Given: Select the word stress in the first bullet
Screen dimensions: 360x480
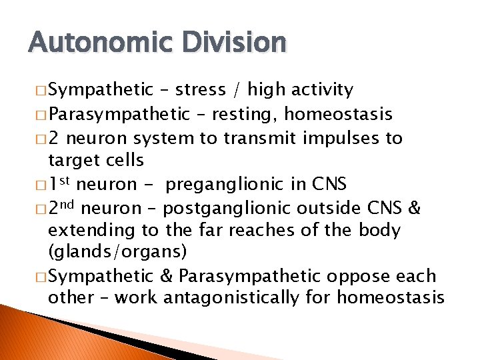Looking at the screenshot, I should (x=199, y=90).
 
